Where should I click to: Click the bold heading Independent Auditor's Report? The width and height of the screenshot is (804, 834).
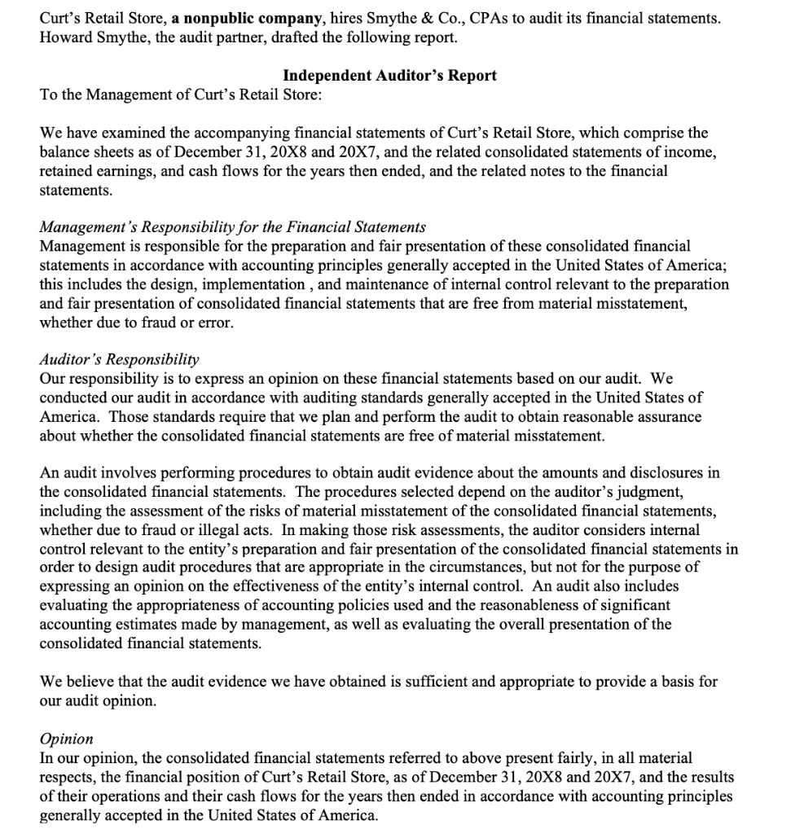coord(389,76)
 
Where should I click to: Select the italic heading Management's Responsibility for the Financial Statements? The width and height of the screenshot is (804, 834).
coord(232,226)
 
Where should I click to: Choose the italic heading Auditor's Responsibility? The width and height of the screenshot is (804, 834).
coord(119,359)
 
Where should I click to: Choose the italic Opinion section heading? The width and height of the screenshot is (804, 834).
coord(66,739)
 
